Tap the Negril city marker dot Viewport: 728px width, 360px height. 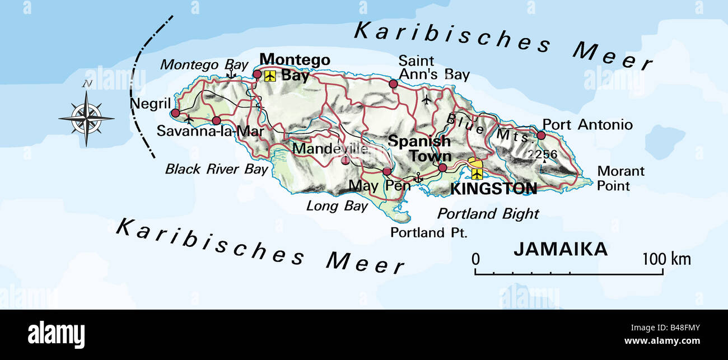(x=175, y=113)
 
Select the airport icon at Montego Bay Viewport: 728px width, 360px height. (x=270, y=76)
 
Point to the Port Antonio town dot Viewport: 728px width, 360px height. (x=540, y=135)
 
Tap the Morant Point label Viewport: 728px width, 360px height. (x=620, y=178)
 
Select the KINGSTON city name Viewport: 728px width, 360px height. (x=493, y=189)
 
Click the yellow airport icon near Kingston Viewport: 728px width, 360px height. (x=477, y=174)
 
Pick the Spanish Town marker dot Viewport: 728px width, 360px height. (x=442, y=167)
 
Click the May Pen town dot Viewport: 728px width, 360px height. (x=386, y=171)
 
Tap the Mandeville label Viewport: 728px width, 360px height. (x=330, y=149)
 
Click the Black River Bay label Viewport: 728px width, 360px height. (x=216, y=169)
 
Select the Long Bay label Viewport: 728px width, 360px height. (x=337, y=206)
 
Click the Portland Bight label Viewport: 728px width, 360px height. (x=488, y=213)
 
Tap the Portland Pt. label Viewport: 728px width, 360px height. (x=428, y=232)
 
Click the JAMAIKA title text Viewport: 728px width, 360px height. (x=560, y=249)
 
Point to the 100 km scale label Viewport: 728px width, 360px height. (x=666, y=259)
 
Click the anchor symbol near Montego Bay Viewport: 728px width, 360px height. (x=230, y=73)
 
